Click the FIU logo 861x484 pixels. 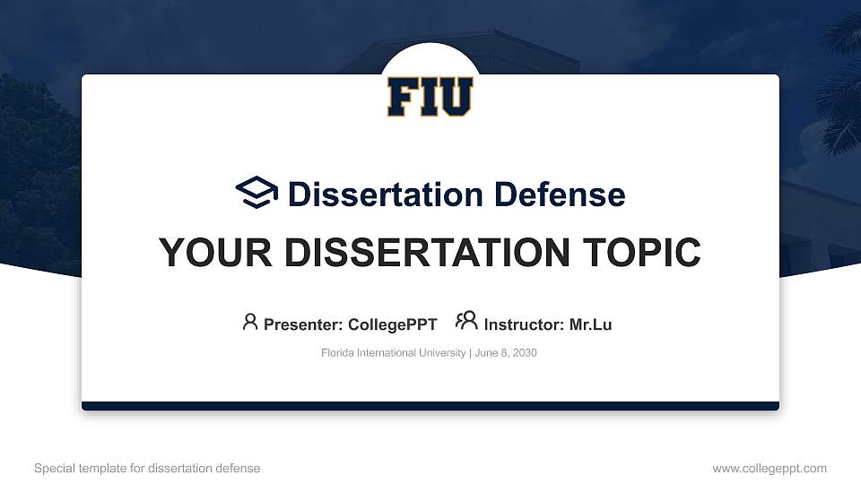430,97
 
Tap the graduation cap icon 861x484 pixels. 257,192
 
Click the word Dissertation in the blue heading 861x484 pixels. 386,194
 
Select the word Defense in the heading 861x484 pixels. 560,194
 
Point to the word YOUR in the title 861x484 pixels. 215,253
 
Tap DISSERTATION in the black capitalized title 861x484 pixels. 427,253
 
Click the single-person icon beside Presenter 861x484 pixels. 250,322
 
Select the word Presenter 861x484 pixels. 303,324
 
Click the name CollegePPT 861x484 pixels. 393,324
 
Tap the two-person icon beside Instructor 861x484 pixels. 466,320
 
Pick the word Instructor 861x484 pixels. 524,324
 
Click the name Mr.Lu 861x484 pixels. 590,324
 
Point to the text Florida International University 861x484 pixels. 393,353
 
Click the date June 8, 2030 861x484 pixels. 506,353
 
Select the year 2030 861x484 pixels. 525,353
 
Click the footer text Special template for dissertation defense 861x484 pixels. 147,469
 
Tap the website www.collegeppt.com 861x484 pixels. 770,469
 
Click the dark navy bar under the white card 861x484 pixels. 430,406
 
